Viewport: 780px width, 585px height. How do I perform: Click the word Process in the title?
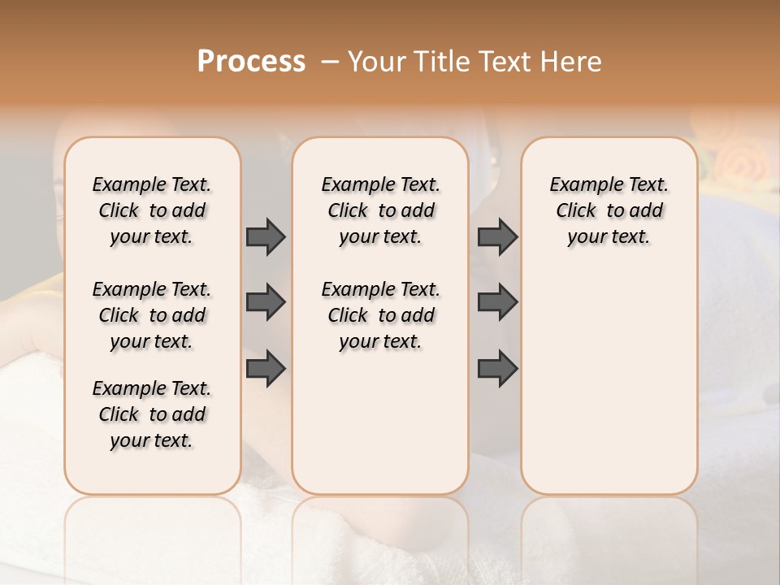(x=251, y=62)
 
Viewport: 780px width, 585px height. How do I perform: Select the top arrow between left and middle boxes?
(x=266, y=236)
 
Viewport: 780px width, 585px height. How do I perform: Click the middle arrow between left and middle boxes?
(x=266, y=302)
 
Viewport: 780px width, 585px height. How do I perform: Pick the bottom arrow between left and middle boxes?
(x=266, y=369)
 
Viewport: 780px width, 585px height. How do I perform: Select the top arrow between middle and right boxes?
(x=497, y=236)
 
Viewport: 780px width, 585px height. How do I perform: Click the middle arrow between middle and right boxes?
(x=497, y=302)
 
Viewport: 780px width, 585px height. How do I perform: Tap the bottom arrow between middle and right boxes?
(x=497, y=369)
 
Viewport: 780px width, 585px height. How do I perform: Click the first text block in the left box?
(x=152, y=210)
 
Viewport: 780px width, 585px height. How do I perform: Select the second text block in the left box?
(x=152, y=315)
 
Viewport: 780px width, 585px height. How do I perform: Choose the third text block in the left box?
(x=152, y=414)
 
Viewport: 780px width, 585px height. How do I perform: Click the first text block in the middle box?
(x=380, y=210)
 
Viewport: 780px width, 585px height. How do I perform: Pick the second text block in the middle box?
(x=380, y=315)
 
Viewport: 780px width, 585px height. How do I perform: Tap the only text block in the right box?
(x=609, y=210)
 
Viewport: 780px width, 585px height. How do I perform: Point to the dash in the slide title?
(x=330, y=62)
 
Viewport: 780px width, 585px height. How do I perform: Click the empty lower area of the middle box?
(x=380, y=422)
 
